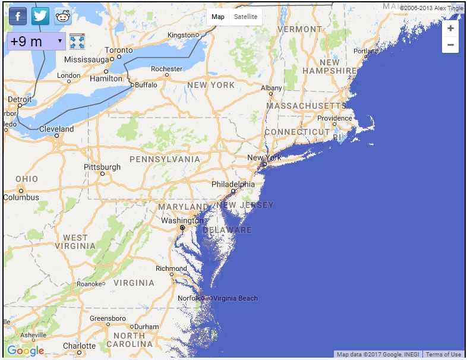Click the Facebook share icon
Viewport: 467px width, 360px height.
pos(18,16)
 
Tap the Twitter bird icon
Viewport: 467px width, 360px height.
pos(40,16)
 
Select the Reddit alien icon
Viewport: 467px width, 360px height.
pos(62,16)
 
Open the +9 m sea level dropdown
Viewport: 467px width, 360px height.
pos(36,42)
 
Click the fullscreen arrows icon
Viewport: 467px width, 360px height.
pos(77,42)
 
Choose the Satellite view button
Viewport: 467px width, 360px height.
pos(245,17)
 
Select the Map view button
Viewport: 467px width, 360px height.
pos(218,17)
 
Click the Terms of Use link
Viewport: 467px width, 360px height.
pos(443,355)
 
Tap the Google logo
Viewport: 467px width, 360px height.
pos(26,350)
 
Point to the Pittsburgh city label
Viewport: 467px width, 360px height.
pos(102,167)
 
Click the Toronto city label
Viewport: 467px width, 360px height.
pos(119,50)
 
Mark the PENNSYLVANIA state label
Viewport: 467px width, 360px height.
pos(165,159)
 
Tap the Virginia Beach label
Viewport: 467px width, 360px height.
pos(236,298)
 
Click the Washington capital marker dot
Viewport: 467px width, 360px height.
pos(182,228)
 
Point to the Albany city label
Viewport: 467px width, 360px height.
pos(272,88)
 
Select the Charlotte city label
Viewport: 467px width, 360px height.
pos(79,346)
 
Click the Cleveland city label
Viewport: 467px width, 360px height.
pos(56,129)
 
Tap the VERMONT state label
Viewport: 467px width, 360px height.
pos(299,29)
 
